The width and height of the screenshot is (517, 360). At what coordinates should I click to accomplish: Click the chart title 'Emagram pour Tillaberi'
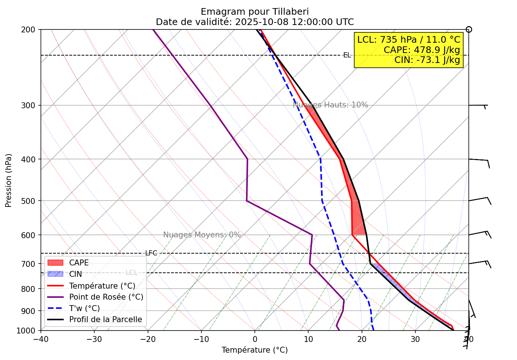coord(255,12)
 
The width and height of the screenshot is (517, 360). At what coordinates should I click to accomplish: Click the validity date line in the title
coord(255,22)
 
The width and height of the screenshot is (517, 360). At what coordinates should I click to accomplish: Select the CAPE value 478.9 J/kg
coord(422,50)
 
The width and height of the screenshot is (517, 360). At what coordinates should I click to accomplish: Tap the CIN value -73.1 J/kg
coord(427,60)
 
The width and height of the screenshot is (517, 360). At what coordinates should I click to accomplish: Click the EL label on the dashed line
coord(347,55)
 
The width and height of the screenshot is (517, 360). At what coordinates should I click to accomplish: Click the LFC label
coord(151,253)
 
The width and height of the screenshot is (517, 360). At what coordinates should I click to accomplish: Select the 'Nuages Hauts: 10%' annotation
coord(330,105)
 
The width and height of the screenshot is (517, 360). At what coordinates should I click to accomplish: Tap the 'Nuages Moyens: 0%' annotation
coord(202,235)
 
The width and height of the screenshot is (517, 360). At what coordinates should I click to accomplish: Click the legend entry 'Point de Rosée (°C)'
coord(106,297)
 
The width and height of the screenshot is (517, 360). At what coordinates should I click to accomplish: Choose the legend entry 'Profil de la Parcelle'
coord(105,320)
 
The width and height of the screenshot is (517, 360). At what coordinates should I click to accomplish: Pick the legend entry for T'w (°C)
coord(84,308)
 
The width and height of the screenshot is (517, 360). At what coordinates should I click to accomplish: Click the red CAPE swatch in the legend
coord(56,263)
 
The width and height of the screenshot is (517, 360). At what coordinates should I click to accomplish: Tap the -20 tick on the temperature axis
coord(147,339)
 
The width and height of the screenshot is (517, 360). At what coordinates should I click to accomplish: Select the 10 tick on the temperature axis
coord(308,339)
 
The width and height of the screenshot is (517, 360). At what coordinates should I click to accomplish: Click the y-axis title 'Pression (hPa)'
coord(8,180)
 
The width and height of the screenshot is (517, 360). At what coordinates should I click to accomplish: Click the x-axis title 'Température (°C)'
coord(254,350)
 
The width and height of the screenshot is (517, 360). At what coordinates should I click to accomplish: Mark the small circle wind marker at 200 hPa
coord(469,29)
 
